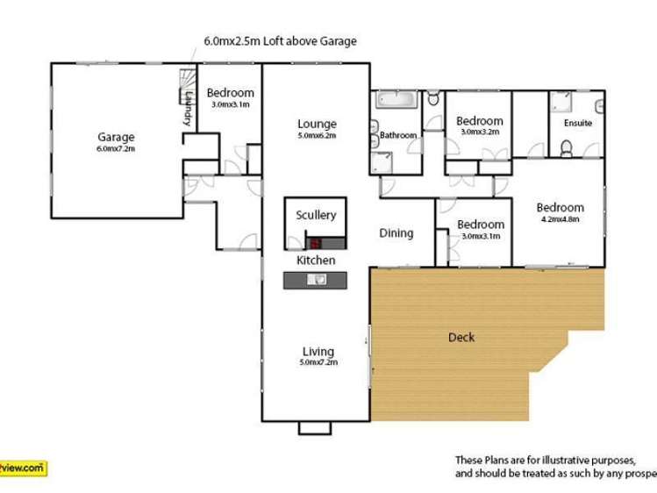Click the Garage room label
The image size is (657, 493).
(116, 137)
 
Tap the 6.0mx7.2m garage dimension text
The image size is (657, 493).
(116, 148)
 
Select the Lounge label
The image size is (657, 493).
(317, 124)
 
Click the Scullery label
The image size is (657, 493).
(316, 215)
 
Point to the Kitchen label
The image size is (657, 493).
(316, 261)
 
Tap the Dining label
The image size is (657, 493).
(396, 233)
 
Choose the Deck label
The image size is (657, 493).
(461, 337)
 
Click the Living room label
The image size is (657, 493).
(318, 352)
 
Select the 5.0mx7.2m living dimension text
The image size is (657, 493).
(318, 362)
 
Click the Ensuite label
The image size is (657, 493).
(577, 124)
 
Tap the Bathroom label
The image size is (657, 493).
(398, 136)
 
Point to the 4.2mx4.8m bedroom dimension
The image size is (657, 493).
(561, 220)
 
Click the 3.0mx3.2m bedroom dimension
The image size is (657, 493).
(480, 132)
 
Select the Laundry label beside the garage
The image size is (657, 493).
(188, 111)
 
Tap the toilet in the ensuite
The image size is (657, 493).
(567, 151)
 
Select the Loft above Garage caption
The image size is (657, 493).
(280, 41)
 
